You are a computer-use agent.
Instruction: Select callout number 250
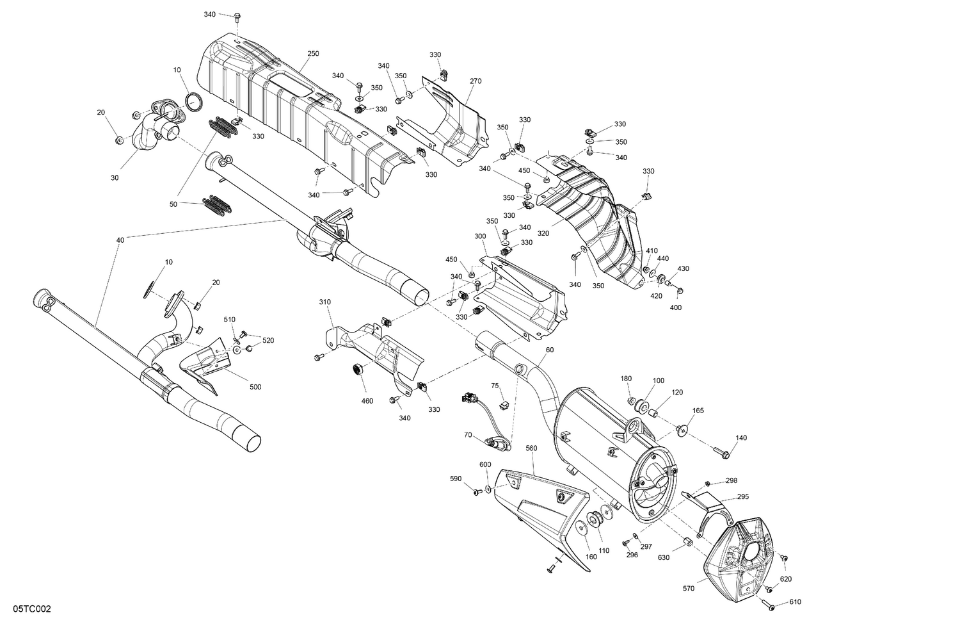(x=313, y=54)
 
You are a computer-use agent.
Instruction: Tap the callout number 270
(x=476, y=81)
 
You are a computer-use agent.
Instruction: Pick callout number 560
(x=532, y=448)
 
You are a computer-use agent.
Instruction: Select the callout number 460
(x=367, y=402)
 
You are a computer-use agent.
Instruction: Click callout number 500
(x=255, y=387)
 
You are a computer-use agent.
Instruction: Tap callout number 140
(x=741, y=438)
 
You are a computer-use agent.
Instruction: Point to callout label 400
(x=676, y=307)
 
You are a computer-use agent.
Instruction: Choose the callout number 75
(x=495, y=386)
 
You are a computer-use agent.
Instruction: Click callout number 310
(x=326, y=301)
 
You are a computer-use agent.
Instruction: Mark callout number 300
(x=480, y=236)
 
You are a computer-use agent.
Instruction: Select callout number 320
(x=543, y=234)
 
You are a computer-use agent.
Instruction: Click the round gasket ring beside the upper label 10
(x=194, y=101)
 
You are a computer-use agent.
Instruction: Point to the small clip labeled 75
(x=503, y=404)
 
